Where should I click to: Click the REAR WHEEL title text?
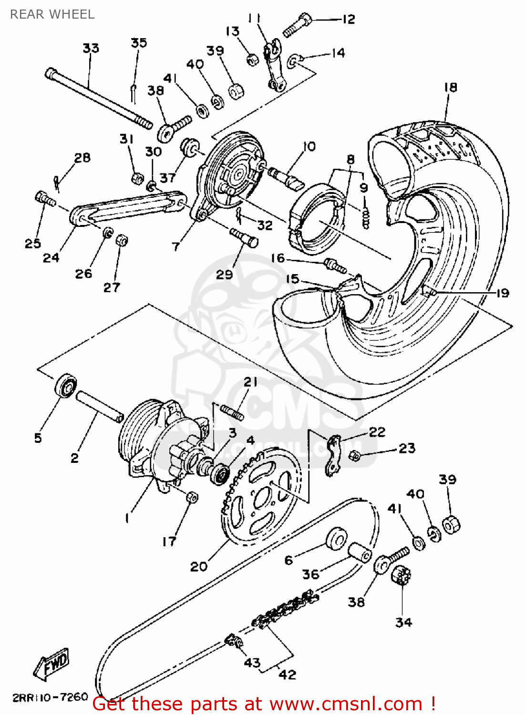[x=52, y=14]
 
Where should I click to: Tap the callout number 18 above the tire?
[x=450, y=87]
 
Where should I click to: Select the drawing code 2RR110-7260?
[x=51, y=697]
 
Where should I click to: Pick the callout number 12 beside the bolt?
[x=349, y=19]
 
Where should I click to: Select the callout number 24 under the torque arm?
[x=51, y=258]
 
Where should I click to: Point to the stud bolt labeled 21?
[x=232, y=411]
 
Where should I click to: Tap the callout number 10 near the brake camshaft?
[x=309, y=146]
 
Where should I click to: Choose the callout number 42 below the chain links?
[x=287, y=674]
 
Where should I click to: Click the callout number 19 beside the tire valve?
[x=503, y=293]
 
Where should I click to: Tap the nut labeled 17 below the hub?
[x=192, y=497]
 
